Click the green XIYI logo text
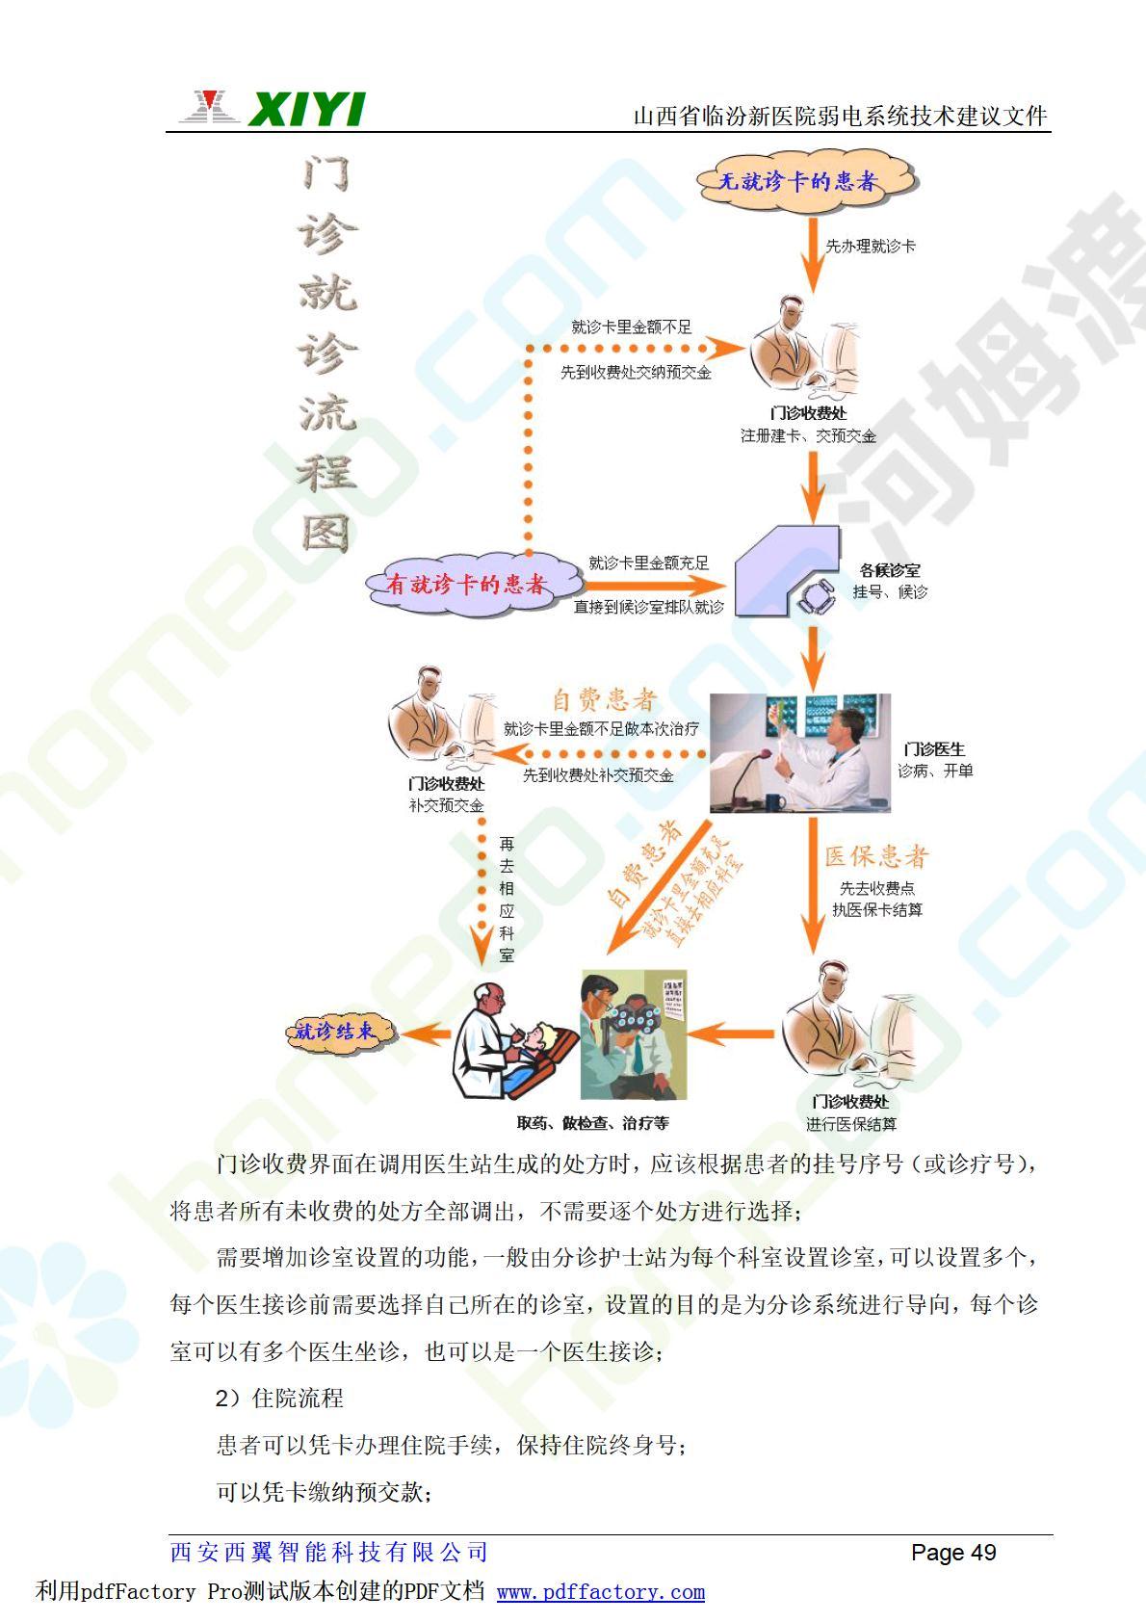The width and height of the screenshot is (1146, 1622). point(306,109)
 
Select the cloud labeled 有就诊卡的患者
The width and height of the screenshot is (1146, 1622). point(466,583)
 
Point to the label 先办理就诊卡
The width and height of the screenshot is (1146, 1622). point(871,247)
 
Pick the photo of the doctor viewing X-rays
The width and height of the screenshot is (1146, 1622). point(799,752)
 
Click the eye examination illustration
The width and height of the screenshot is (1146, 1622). point(633,1035)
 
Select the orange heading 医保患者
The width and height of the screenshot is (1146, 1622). point(876,856)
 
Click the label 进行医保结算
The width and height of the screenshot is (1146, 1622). point(851,1124)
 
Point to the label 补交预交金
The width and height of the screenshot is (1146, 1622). point(446,806)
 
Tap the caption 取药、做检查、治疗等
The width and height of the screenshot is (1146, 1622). point(592,1123)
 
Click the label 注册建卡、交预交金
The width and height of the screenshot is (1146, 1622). point(808,436)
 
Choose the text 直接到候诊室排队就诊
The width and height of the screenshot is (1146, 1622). point(648,607)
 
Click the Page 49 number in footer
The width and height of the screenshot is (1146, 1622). point(953,1553)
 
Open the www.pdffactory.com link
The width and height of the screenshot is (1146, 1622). point(601,1592)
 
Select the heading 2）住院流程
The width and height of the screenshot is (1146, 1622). point(280,1398)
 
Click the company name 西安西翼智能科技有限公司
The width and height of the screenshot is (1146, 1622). point(329,1553)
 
